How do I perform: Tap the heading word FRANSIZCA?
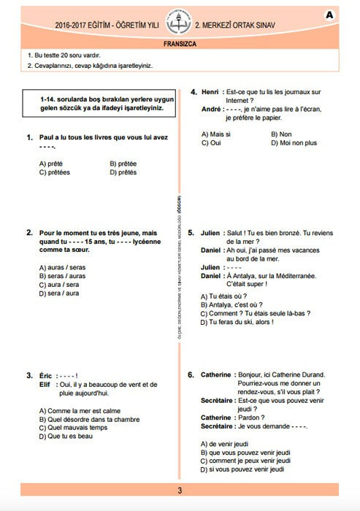point(180,44)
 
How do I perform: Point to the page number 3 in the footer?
point(180,491)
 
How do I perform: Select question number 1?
point(30,137)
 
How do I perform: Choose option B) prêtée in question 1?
point(123,164)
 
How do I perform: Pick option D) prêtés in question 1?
point(123,172)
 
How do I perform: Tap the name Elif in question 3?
point(46,384)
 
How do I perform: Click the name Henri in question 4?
point(210,92)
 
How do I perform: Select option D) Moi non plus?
point(293,143)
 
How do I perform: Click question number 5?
point(191,232)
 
